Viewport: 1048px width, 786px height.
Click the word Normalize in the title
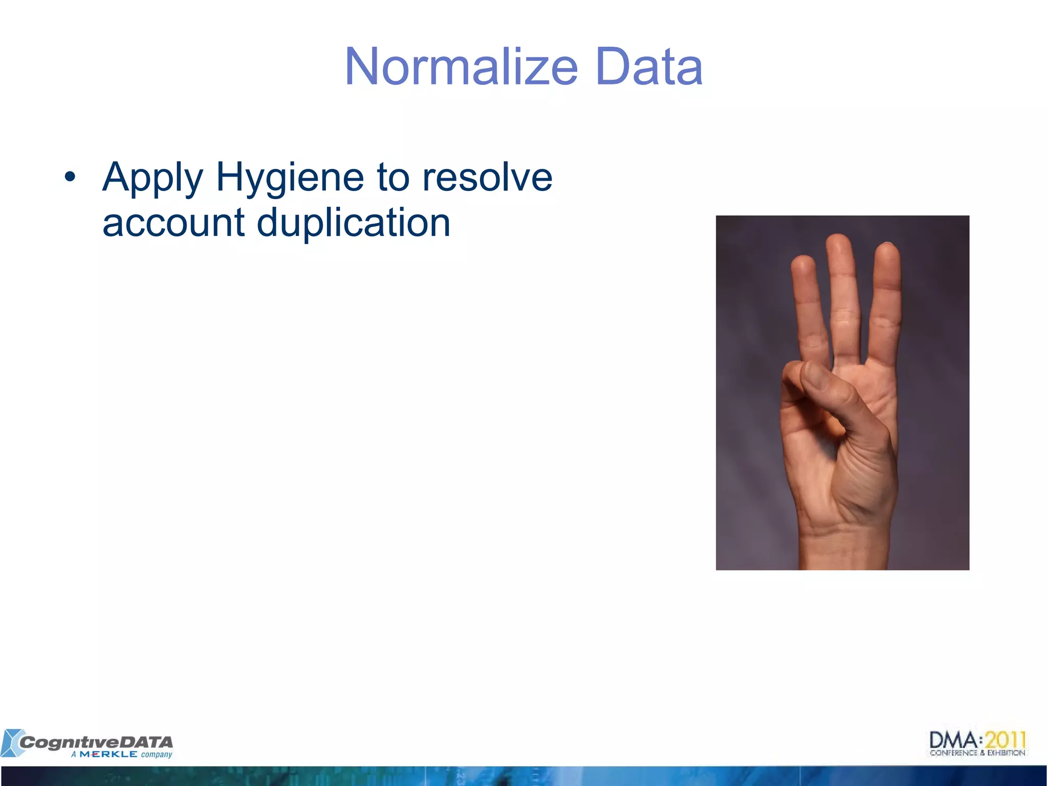(461, 68)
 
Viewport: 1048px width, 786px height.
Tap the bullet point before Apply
(70, 177)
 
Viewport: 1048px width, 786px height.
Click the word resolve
(487, 177)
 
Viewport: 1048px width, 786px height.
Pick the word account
(173, 223)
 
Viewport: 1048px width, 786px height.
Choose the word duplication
(353, 223)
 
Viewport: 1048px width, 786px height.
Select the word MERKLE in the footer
(108, 754)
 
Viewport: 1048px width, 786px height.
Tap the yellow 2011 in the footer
(1006, 740)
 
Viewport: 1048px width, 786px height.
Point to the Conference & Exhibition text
(977, 753)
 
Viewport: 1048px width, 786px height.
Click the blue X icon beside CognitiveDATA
(10, 743)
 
